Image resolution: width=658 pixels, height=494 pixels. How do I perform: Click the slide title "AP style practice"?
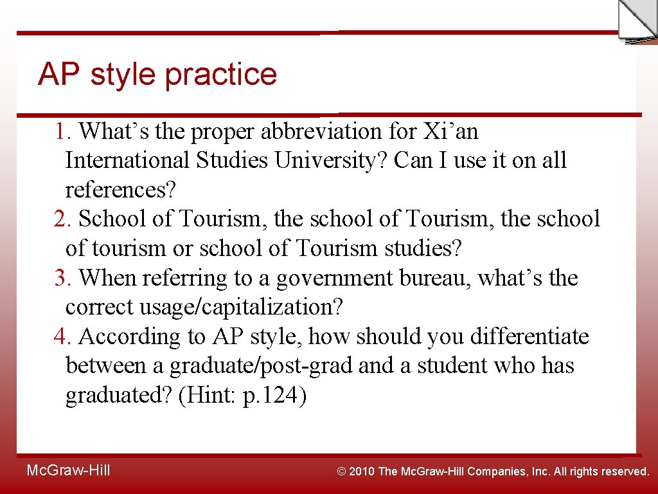(x=157, y=74)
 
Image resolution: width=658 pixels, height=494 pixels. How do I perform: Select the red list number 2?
(x=62, y=219)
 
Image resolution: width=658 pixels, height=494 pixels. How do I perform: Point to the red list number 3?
(x=62, y=279)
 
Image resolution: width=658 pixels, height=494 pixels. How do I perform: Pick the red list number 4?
(x=62, y=336)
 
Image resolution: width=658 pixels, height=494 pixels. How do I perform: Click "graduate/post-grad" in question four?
(x=261, y=366)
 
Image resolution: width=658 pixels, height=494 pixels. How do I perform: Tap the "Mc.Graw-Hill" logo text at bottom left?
(x=68, y=471)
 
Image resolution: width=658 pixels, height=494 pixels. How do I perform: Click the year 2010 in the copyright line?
(x=363, y=471)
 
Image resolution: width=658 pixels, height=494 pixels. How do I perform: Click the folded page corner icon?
(x=636, y=21)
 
